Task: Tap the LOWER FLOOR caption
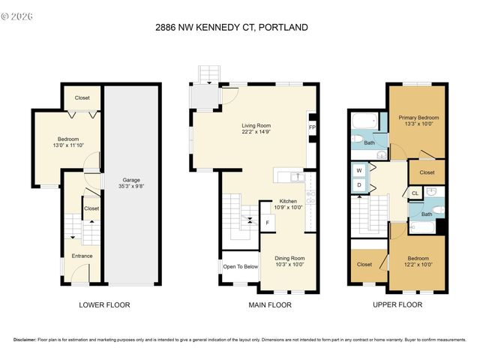[104, 305]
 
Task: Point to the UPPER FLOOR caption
[397, 305]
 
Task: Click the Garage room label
[131, 183]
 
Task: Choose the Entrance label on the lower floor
[82, 256]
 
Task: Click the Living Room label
[256, 129]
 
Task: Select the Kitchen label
[289, 204]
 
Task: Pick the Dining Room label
[289, 260]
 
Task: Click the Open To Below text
[240, 266]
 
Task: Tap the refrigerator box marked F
[268, 223]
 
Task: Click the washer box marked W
[358, 169]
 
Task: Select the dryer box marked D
[358, 184]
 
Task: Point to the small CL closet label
[415, 193]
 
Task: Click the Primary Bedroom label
[418, 120]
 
